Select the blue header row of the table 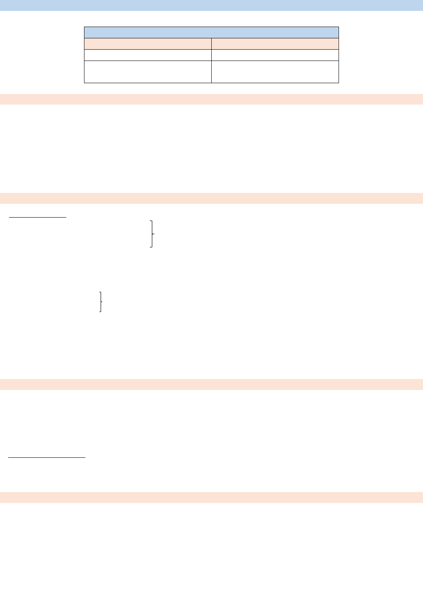211,32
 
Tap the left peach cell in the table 147,44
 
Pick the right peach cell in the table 275,44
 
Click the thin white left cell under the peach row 147,55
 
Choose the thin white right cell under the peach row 275,55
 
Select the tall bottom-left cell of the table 147,72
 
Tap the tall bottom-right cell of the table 275,72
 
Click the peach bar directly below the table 211,99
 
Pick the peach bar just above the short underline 211,198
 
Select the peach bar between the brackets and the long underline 211,384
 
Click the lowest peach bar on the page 211,497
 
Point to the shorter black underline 38,217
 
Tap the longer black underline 47,457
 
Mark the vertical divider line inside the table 211,61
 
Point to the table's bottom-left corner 84,83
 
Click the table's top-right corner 339,27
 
